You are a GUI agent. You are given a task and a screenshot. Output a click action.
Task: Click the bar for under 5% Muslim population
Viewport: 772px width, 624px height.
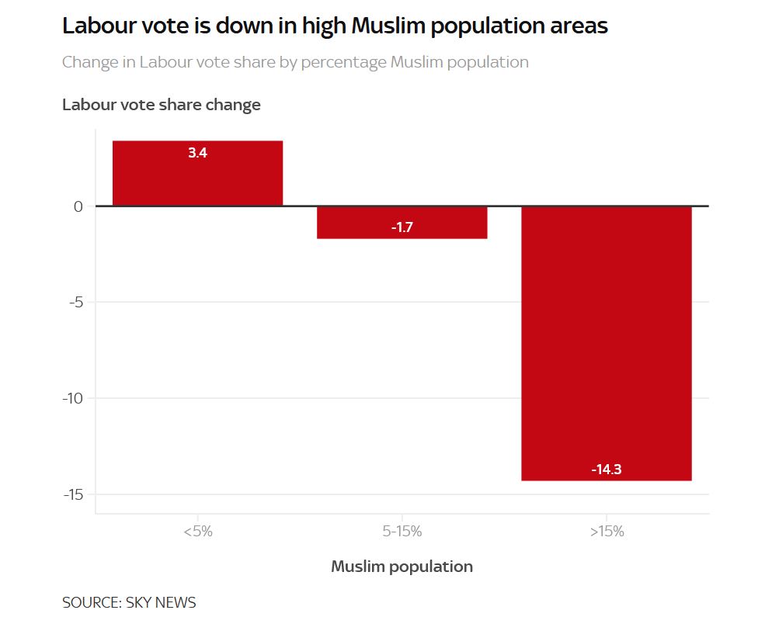tap(197, 173)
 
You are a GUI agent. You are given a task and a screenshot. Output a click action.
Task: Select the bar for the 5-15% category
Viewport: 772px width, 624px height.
tap(402, 222)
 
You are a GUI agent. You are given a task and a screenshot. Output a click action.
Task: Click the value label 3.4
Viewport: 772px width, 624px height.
tap(197, 153)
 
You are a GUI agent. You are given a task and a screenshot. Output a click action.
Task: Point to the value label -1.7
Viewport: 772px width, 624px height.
tap(402, 228)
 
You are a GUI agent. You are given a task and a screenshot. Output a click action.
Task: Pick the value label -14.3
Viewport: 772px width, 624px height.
tap(606, 470)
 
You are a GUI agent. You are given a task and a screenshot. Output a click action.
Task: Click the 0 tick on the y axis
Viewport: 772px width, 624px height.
tap(78, 206)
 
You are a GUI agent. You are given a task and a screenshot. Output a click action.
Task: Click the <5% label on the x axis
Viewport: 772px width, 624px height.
tap(197, 532)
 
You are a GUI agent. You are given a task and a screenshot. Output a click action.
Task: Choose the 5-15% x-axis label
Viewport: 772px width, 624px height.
tap(402, 532)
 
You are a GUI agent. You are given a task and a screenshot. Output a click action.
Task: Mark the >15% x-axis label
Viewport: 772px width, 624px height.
tap(606, 532)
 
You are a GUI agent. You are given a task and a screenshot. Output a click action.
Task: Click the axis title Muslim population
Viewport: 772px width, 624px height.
tap(402, 567)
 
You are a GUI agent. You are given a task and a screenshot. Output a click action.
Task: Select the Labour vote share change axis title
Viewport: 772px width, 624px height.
tap(162, 105)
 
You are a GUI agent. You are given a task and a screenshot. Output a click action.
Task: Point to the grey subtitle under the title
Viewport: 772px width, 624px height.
tap(295, 62)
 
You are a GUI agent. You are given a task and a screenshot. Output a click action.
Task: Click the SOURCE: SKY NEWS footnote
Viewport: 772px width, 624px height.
tap(129, 602)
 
